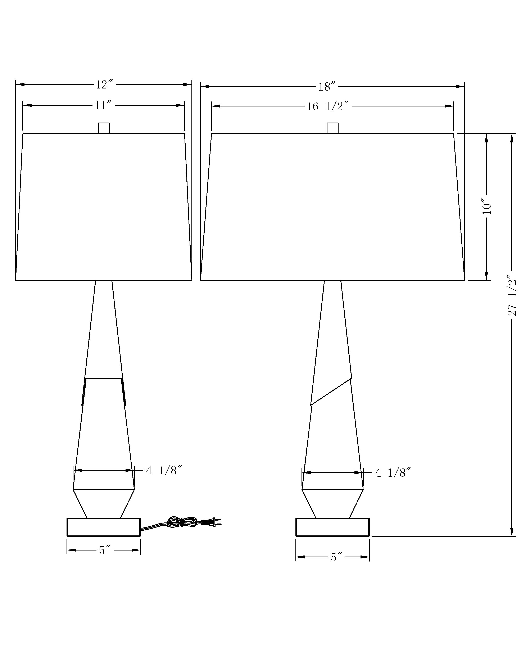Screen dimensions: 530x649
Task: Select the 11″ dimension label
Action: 103,106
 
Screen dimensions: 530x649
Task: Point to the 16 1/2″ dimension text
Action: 328,106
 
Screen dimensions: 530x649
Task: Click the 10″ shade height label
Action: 487,207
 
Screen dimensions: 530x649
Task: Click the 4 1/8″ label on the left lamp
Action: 164,471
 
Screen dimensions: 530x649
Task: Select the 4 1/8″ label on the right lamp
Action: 393,473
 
